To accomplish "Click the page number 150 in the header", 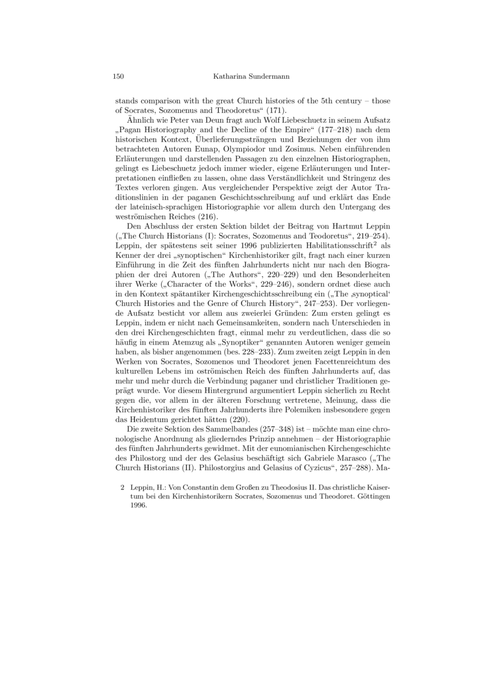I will pyautogui.click(x=118, y=76).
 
